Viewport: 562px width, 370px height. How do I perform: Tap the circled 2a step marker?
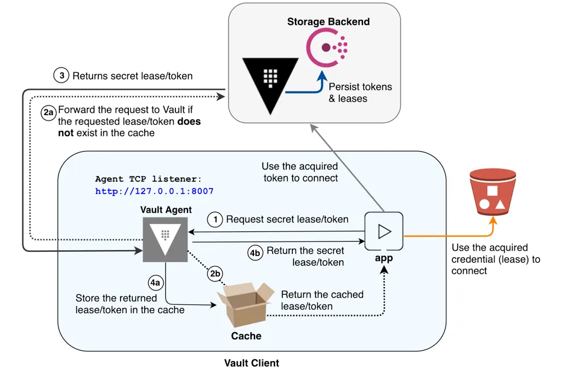(49, 113)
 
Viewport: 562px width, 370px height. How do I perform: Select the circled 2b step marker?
(215, 273)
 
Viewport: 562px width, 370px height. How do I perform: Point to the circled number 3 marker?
(61, 76)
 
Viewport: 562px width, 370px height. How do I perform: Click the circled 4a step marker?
(156, 281)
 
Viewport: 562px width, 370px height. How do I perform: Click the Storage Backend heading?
(328, 22)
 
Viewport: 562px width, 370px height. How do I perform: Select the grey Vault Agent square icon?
(165, 240)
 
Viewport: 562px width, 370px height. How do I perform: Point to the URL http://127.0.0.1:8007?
(154, 191)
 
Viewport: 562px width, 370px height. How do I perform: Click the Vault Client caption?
(251, 363)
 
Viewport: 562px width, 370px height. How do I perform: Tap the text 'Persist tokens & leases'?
(360, 92)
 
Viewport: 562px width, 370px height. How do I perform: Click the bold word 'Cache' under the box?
(246, 335)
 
